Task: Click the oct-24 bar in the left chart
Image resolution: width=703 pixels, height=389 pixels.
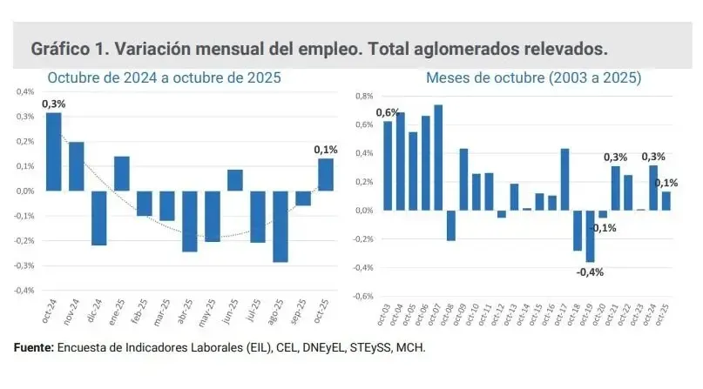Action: (x=54, y=151)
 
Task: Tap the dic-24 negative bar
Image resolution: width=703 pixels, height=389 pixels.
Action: (x=99, y=218)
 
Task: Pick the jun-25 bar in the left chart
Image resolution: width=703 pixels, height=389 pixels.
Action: (x=234, y=180)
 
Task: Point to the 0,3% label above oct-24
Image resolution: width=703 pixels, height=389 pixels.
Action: (x=53, y=104)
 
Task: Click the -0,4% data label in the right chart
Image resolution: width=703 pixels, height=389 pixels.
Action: (x=589, y=272)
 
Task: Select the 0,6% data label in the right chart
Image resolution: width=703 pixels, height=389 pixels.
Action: (x=387, y=112)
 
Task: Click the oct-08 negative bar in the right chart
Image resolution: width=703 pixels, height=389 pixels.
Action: (x=450, y=225)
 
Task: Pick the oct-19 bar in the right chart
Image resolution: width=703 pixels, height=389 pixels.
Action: (x=590, y=236)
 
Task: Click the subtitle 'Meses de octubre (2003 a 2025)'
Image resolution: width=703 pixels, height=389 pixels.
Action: (x=533, y=78)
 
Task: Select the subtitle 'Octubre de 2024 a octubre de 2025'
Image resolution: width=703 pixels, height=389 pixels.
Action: (x=164, y=78)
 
